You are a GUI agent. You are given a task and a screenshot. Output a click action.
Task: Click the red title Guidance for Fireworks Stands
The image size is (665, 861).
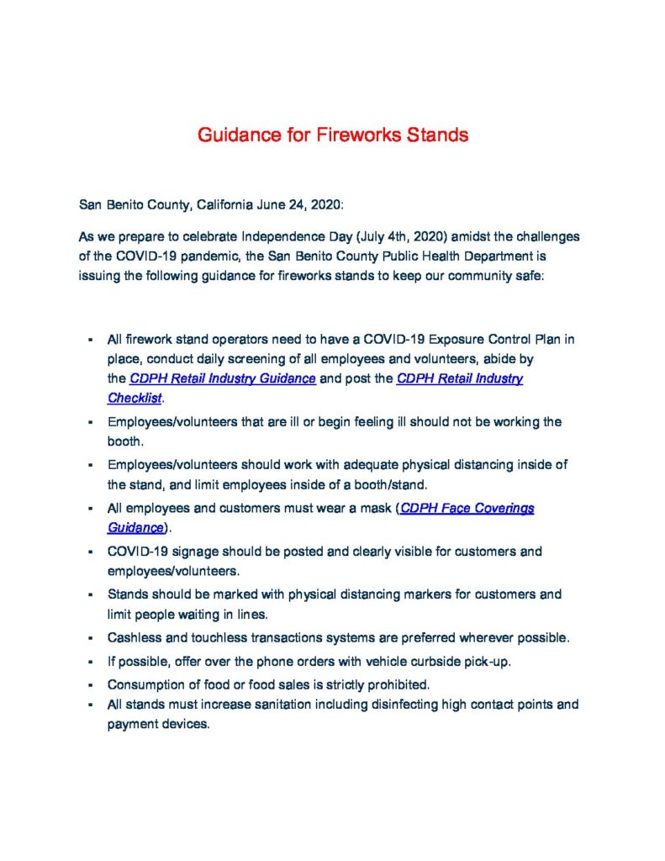(333, 135)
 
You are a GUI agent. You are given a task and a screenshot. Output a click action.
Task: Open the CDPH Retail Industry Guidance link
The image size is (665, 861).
(223, 379)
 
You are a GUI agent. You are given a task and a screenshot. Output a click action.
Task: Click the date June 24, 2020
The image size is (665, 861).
(300, 204)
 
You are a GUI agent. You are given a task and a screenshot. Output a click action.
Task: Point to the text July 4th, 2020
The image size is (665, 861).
(388, 238)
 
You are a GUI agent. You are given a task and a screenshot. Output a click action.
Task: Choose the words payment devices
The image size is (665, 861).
(157, 724)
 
